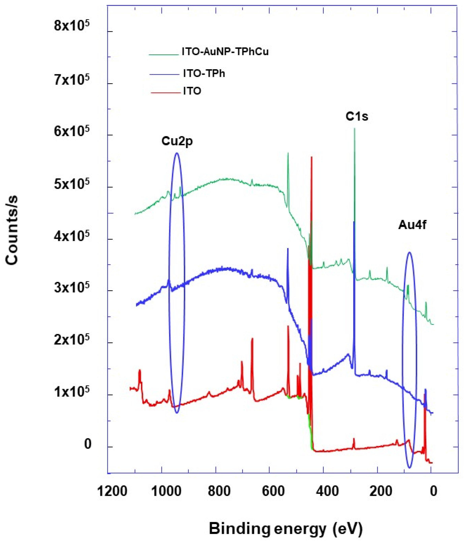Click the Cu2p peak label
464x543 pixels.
(x=177, y=141)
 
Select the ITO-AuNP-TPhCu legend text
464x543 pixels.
(x=225, y=52)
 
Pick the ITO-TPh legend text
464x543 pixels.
(x=204, y=74)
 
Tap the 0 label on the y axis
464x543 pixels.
(x=88, y=445)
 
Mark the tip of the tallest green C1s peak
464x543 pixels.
(x=355, y=128)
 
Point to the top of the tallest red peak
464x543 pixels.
(x=312, y=157)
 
